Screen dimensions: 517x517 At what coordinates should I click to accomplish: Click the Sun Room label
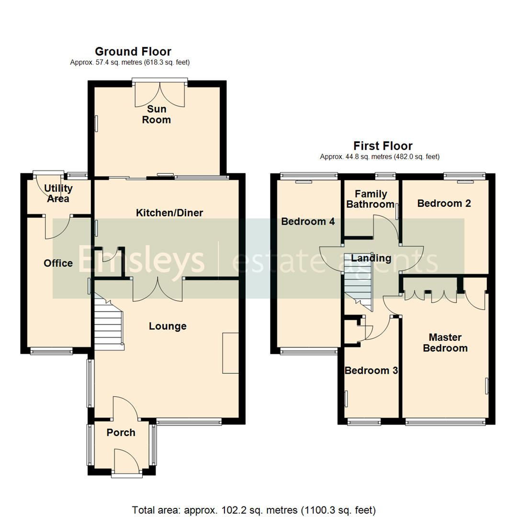[157, 114]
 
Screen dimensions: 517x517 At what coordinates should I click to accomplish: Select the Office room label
[58, 263]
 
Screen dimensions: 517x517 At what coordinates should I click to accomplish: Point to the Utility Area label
[58, 193]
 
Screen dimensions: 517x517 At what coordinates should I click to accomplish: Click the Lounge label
[168, 326]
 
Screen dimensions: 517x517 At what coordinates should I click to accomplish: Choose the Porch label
[121, 433]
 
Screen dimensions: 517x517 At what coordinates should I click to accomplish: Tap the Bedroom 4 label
[308, 222]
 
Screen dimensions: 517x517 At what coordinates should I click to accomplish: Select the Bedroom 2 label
[444, 203]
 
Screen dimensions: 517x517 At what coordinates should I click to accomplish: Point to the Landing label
[371, 258]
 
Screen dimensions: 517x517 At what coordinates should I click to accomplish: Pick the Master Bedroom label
[445, 342]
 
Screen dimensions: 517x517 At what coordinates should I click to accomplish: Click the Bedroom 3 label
[371, 371]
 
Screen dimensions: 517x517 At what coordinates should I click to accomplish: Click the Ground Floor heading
[133, 52]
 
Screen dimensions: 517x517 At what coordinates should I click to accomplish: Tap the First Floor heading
[382, 146]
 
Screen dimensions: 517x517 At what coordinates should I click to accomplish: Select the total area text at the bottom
[253, 509]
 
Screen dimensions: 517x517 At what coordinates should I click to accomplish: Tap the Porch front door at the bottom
[127, 462]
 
